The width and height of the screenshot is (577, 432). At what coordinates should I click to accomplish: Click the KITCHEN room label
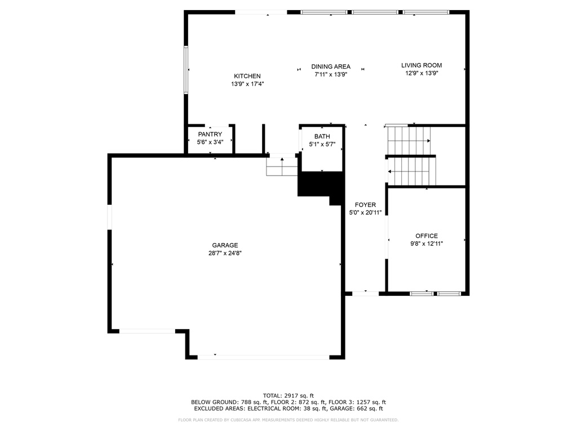point(247,76)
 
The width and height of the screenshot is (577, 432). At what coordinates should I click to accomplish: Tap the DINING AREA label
point(331,66)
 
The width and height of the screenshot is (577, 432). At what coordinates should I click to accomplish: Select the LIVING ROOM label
point(421,65)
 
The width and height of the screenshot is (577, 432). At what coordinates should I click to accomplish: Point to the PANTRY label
point(210,134)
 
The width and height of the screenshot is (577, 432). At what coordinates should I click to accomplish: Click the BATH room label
point(322,136)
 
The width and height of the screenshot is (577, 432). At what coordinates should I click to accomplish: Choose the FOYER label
point(365,205)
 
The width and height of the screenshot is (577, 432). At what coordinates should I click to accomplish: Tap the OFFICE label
point(427,236)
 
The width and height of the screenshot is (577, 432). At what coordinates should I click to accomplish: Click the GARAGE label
point(225,245)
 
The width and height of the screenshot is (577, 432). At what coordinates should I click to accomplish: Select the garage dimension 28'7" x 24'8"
point(225,253)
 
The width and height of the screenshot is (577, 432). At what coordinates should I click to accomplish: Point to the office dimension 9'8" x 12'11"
point(427,244)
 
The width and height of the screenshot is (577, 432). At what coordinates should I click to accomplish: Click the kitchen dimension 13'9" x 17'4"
point(247,84)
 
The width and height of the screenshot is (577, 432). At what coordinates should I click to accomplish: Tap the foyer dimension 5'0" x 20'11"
point(365,212)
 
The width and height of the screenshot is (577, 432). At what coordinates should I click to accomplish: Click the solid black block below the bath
point(321,186)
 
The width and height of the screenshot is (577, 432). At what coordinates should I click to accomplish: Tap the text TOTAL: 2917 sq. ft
point(288,395)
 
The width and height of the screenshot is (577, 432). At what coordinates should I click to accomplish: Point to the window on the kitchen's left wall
point(186,70)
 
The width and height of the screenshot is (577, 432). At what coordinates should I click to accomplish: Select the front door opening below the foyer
point(365,294)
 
